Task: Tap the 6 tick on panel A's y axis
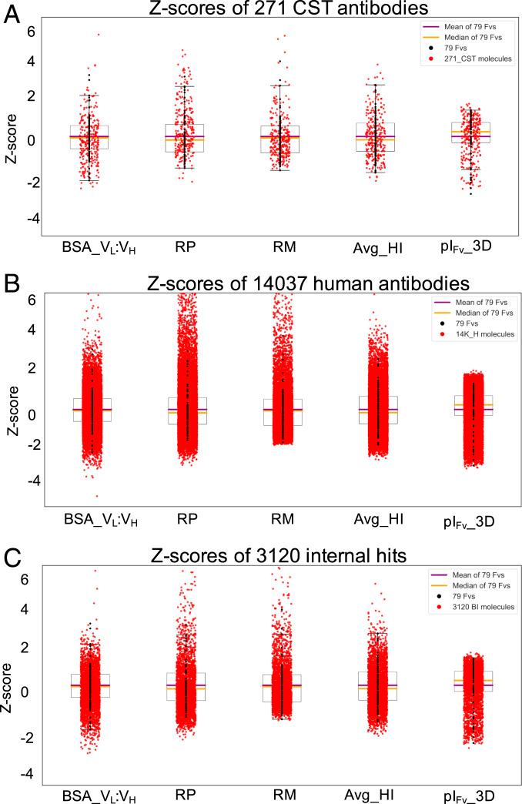click(32, 31)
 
